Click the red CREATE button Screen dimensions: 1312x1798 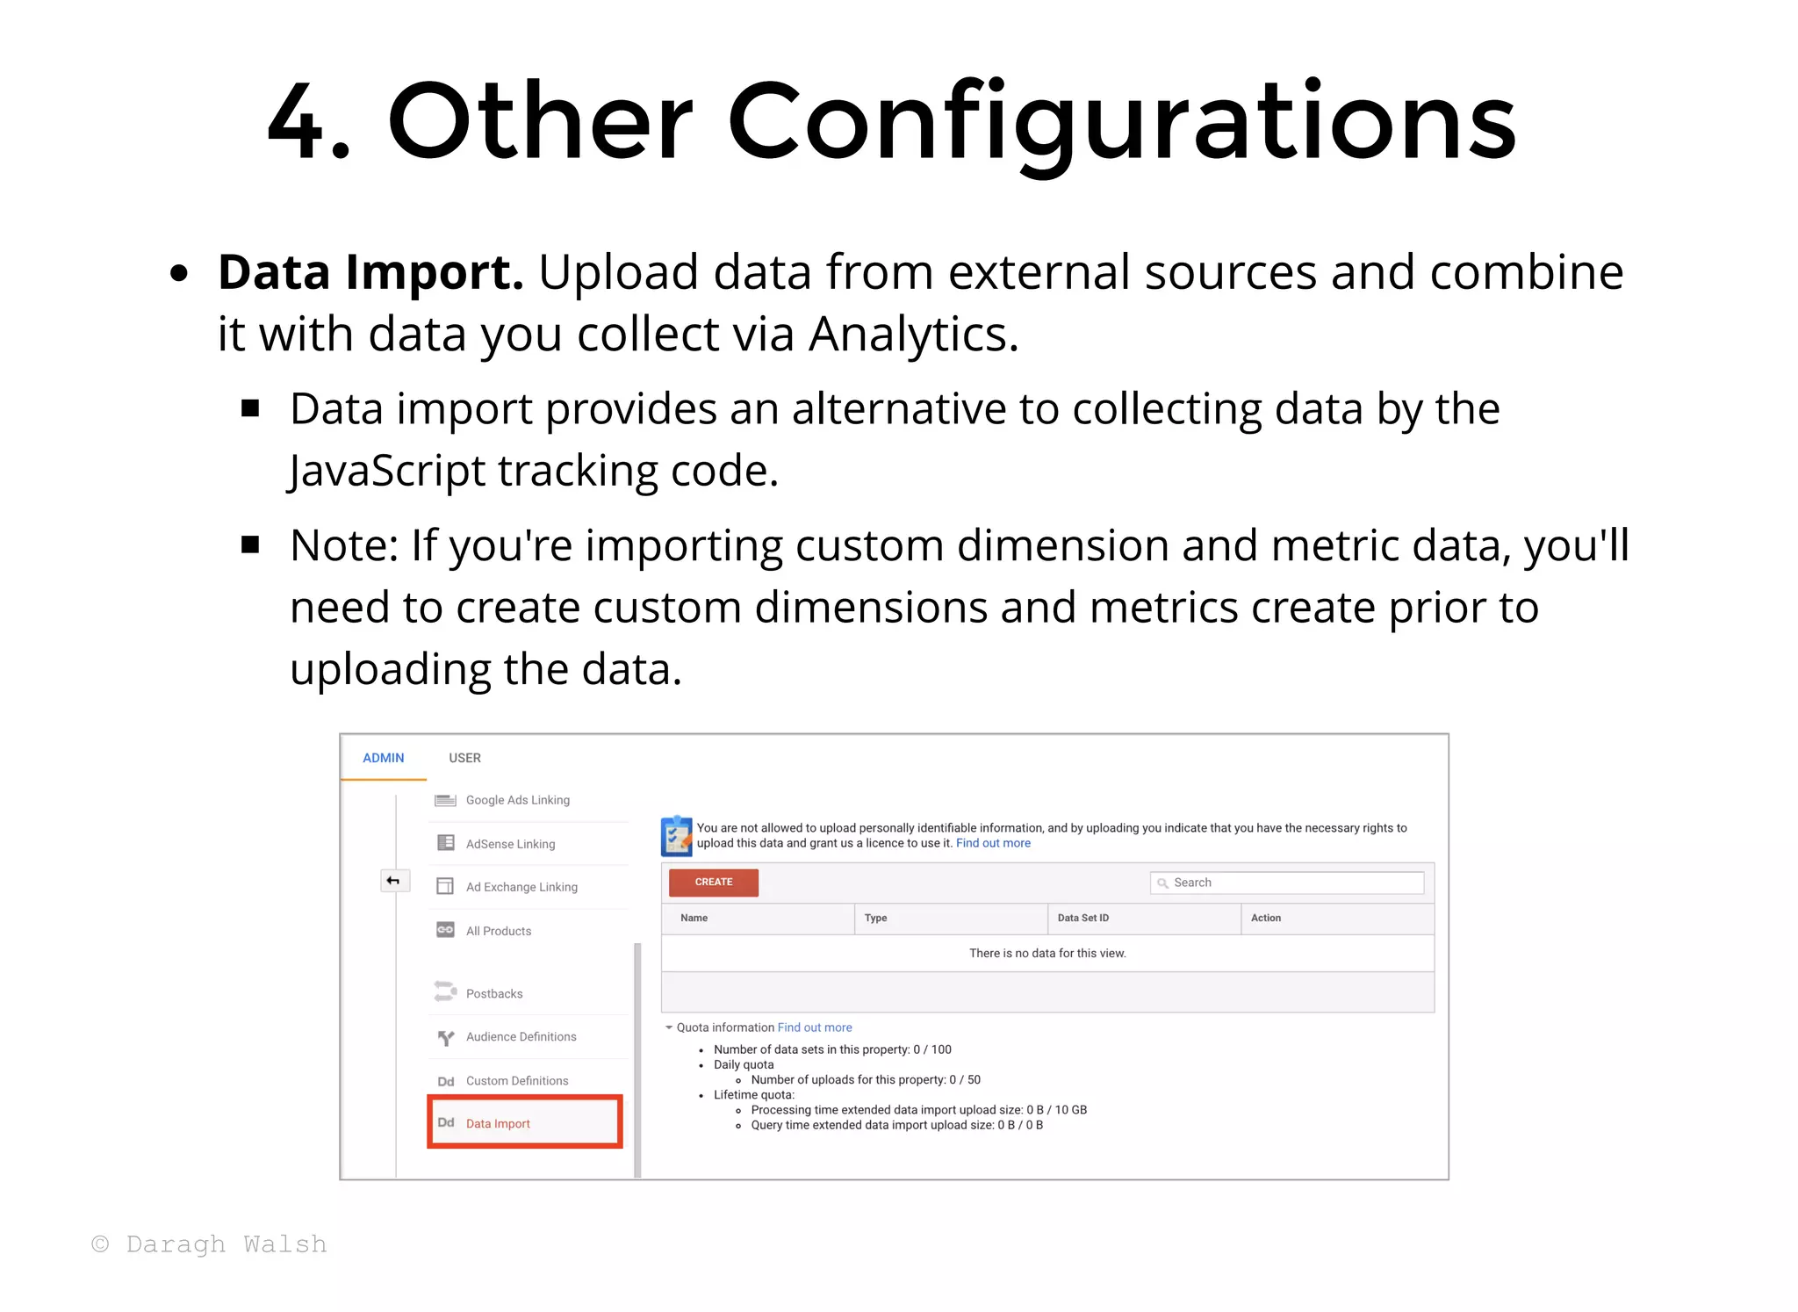[713, 882]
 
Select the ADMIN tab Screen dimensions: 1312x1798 [384, 758]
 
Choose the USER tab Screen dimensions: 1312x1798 [464, 758]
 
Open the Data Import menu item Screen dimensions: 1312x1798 [498, 1123]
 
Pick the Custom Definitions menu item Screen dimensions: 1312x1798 [517, 1080]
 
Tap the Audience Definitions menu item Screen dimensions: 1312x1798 [521, 1036]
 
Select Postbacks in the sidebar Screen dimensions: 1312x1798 [494, 993]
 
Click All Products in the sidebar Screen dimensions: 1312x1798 [499, 931]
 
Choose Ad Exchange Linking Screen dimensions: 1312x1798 [521, 887]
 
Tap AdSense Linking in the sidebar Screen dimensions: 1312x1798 [510, 844]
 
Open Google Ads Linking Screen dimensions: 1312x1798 [517, 800]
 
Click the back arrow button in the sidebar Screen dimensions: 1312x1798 [393, 881]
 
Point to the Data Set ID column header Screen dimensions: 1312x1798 [1082, 918]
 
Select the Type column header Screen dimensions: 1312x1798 [875, 918]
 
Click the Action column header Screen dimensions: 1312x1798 [1265, 918]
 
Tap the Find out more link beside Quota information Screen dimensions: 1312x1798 [814, 1027]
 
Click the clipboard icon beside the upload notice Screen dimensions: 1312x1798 [676, 836]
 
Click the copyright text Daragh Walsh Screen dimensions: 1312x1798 [209, 1244]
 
